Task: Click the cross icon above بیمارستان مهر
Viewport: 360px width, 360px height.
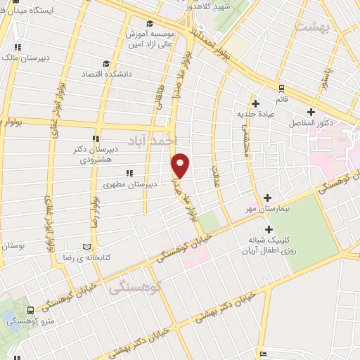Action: pos(267,198)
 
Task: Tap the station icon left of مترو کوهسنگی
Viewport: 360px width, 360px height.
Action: pos(30,309)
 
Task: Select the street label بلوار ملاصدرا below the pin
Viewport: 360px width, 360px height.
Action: pos(187,200)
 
